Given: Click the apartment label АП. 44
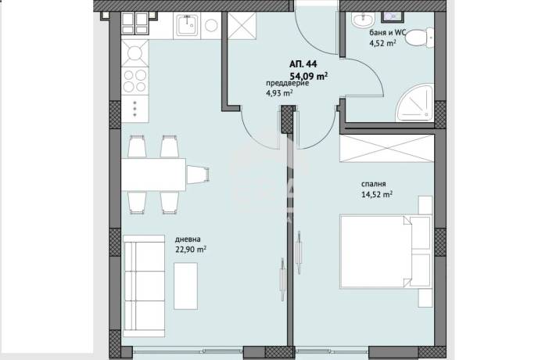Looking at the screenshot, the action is pyautogui.click(x=303, y=64).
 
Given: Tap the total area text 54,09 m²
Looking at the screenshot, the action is pyautogui.click(x=309, y=76).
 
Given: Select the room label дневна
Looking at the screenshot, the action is pyautogui.click(x=188, y=239).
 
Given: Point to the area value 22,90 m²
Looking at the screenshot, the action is pyautogui.click(x=191, y=250).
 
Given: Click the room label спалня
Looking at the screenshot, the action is pyautogui.click(x=373, y=184).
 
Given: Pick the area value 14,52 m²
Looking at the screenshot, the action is pyautogui.click(x=377, y=194).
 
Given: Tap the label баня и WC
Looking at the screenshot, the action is pyautogui.click(x=387, y=33).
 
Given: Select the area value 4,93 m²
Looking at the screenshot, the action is pyautogui.click(x=279, y=93).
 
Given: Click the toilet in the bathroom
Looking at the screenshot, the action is pyautogui.click(x=419, y=38).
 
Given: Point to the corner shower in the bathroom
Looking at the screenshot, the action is pyautogui.click(x=415, y=103).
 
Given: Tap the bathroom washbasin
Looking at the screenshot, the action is pyautogui.click(x=363, y=20).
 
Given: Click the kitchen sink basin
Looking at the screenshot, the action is pyautogui.click(x=188, y=25).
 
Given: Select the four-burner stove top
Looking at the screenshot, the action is pyautogui.click(x=134, y=81).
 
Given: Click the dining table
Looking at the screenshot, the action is pyautogui.click(x=154, y=175).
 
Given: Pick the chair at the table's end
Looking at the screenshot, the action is pyautogui.click(x=198, y=175).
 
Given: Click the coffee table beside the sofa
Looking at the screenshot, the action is pyautogui.click(x=185, y=286).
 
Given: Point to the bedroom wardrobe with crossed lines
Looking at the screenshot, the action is pyautogui.click(x=386, y=149).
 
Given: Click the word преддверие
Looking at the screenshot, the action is pyautogui.click(x=288, y=84).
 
